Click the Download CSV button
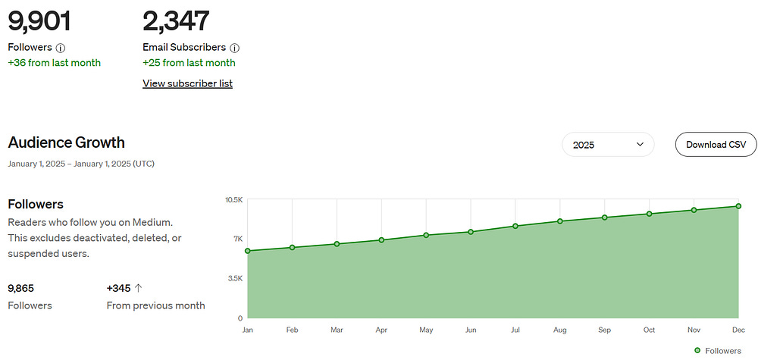[x=716, y=145]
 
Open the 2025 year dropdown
[x=608, y=145]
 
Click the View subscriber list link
[x=187, y=83]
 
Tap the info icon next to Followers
[x=61, y=48]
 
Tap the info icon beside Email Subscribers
[x=234, y=48]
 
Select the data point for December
[x=738, y=206]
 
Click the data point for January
[x=248, y=251]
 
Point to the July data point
[x=515, y=226]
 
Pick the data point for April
[x=381, y=239]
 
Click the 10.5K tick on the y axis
[x=234, y=199]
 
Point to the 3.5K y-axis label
[x=235, y=278]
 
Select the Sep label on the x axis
[x=604, y=330]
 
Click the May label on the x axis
[x=426, y=330]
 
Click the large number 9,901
[x=39, y=22]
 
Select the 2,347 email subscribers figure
[x=176, y=22]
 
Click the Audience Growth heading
[x=66, y=142]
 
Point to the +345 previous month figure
[x=118, y=289]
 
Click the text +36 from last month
[x=54, y=63]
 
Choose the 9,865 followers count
[x=20, y=289]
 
